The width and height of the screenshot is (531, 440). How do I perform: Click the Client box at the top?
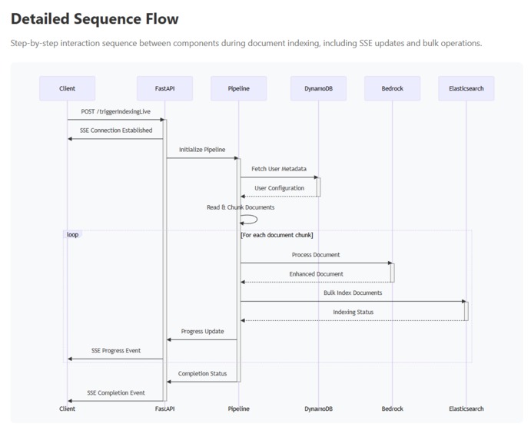pyautogui.click(x=67, y=88)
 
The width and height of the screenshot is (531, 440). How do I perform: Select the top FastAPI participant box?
pyautogui.click(x=164, y=88)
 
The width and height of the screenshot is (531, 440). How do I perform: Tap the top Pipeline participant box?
pyautogui.click(x=238, y=88)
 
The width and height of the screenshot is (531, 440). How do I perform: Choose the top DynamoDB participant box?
pyautogui.click(x=318, y=88)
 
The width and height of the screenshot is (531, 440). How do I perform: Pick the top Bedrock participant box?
pyautogui.click(x=392, y=88)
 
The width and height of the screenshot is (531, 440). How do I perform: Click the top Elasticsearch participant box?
pyautogui.click(x=466, y=88)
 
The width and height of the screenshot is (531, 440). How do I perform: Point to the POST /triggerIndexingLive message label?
pyautogui.click(x=116, y=111)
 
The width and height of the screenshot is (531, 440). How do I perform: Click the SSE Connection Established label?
pyautogui.click(x=116, y=131)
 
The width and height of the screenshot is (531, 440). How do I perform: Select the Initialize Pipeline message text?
pyautogui.click(x=202, y=150)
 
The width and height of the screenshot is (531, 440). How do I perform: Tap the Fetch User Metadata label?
pyautogui.click(x=279, y=169)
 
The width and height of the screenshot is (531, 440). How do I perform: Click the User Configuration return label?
pyautogui.click(x=279, y=188)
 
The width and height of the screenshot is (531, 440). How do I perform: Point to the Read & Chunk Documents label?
pyautogui.click(x=241, y=207)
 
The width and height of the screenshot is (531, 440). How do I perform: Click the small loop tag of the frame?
pyautogui.click(x=73, y=234)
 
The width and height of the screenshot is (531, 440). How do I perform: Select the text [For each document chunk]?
pyautogui.click(x=277, y=235)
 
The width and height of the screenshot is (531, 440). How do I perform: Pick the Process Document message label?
pyautogui.click(x=316, y=255)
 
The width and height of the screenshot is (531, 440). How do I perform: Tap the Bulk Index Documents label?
pyautogui.click(x=353, y=293)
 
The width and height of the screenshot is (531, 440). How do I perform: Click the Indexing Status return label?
pyautogui.click(x=353, y=313)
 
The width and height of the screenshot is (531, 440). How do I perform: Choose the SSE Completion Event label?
pyautogui.click(x=116, y=393)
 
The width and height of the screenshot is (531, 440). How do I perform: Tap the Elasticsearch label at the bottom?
pyautogui.click(x=466, y=409)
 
